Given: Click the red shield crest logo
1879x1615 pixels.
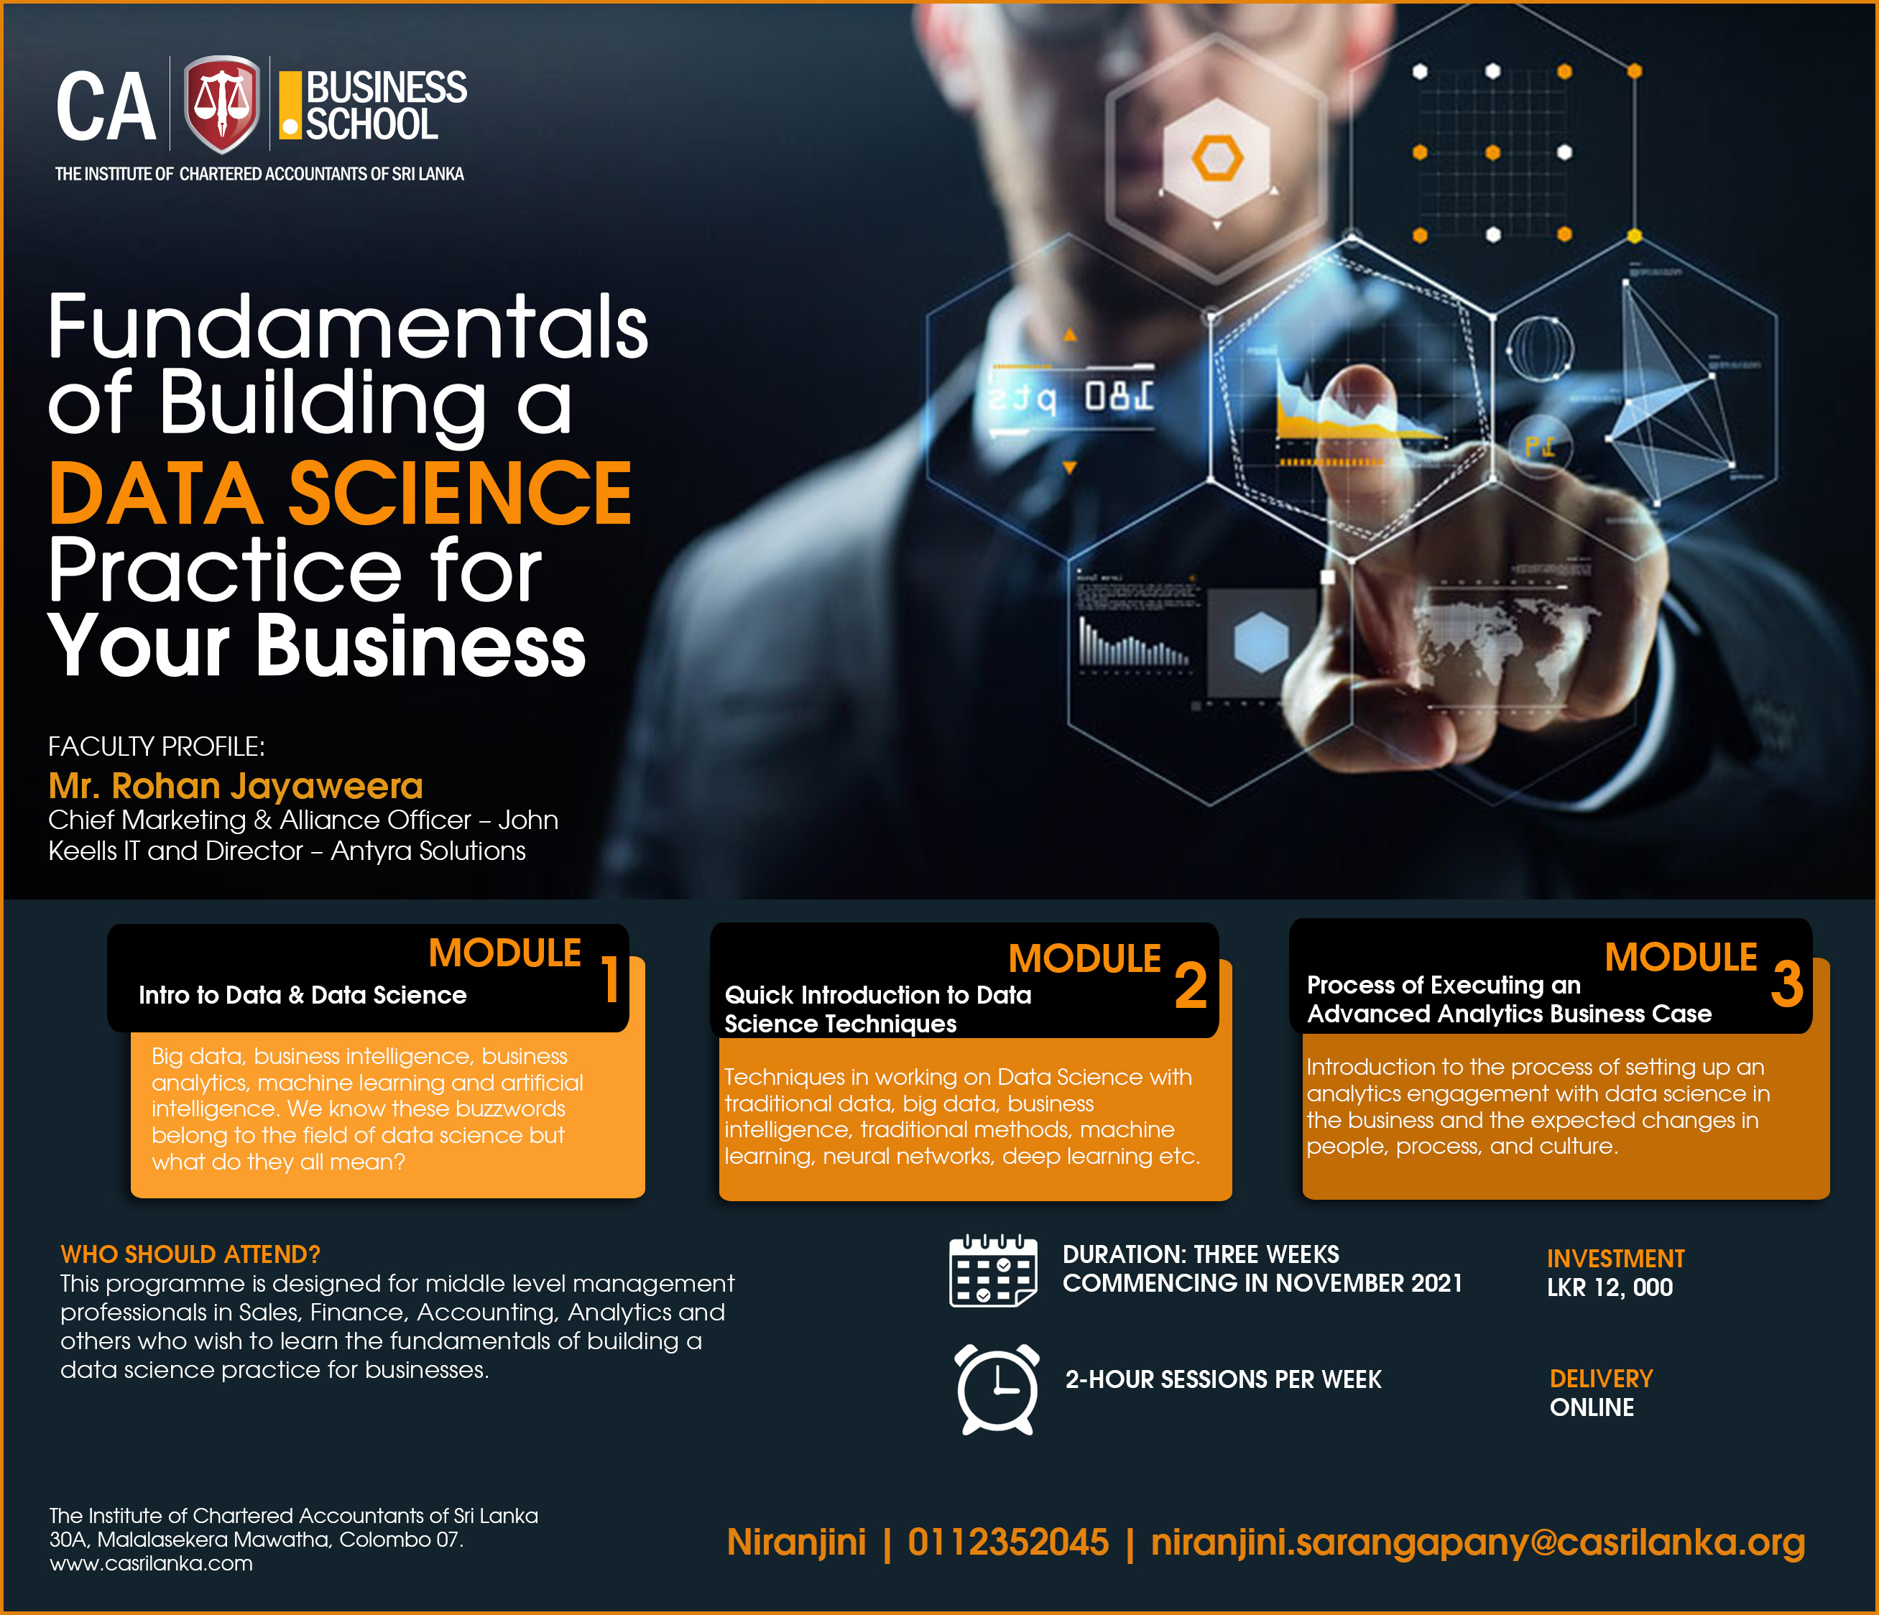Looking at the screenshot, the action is coord(222,103).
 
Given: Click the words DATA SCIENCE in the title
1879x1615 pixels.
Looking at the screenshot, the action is coord(340,494).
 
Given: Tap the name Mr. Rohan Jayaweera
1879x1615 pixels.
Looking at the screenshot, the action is coord(236,785).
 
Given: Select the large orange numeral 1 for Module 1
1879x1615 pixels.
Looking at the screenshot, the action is coord(611,980).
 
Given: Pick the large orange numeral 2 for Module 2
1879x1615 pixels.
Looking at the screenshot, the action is coord(1191,986).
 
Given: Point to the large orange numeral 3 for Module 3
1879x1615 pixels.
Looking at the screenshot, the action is coord(1786,984).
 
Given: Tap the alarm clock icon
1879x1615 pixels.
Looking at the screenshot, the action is coord(997,1388).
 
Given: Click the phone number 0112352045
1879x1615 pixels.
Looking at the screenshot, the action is coord(1007,1542).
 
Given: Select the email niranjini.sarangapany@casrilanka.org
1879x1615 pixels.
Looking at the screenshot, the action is coord(1477,1543).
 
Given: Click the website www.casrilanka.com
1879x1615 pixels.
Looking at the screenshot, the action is coord(152,1563).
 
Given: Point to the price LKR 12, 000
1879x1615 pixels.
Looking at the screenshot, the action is coord(1610,1287).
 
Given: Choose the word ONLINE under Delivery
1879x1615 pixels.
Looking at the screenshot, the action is coord(1592,1407).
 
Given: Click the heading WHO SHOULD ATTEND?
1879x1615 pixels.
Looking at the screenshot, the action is coord(190,1254).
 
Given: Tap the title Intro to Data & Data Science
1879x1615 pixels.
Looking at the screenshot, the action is coord(303,995).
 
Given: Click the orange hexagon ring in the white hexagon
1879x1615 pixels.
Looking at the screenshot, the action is coord(1217,158).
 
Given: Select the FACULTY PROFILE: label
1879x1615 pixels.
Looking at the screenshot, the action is coord(156,746).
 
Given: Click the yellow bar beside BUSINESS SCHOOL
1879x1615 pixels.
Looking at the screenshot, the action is coord(290,105).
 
